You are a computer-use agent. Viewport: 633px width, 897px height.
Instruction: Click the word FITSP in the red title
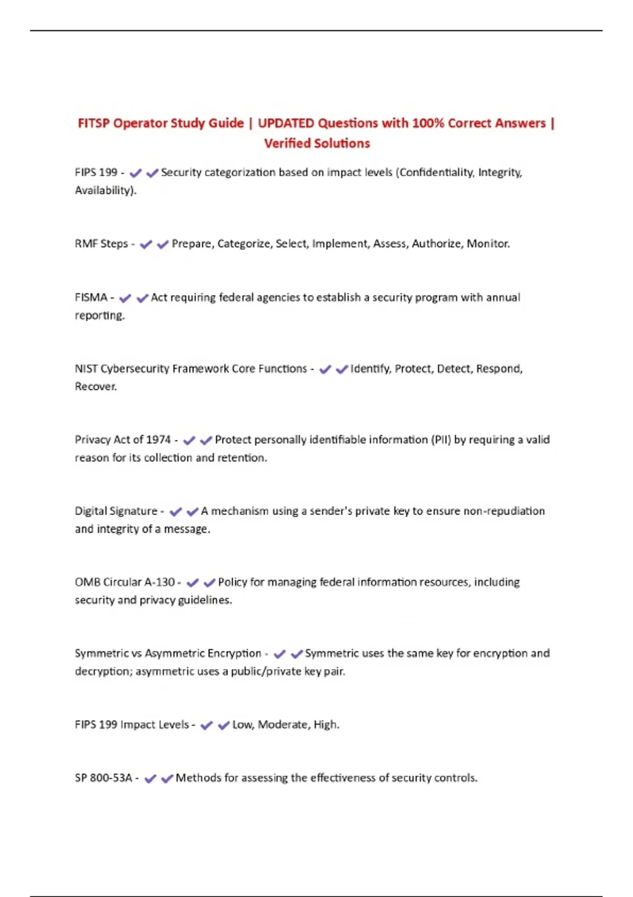94,123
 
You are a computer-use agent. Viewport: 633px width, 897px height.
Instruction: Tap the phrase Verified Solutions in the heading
316,144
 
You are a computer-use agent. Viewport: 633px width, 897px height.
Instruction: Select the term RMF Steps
101,244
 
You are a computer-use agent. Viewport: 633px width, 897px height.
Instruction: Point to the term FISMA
91,298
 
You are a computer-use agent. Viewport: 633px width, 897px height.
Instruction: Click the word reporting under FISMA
99,316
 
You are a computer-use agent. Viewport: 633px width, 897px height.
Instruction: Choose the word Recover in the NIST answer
95,387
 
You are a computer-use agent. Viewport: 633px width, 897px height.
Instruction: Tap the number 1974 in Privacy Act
158,440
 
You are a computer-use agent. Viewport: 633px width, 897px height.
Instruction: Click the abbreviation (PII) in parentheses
441,440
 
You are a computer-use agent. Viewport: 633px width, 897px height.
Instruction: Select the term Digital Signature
116,511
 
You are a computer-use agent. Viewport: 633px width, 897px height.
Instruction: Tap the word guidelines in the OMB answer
205,600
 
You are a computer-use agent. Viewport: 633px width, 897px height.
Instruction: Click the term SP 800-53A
103,778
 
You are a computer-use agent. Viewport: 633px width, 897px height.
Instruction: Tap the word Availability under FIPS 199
104,190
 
